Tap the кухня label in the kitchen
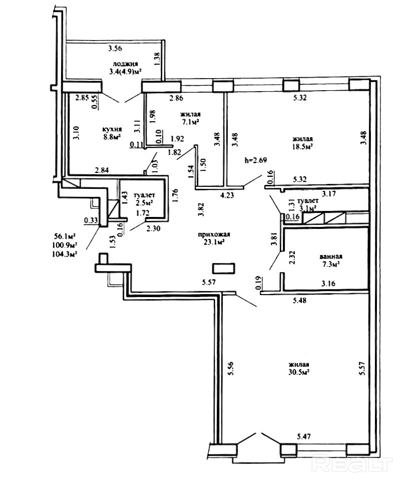click(112, 129)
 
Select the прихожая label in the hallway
click(214, 234)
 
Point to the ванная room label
click(331, 257)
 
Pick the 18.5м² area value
click(302, 146)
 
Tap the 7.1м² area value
click(191, 122)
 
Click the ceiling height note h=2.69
click(256, 160)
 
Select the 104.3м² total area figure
click(66, 253)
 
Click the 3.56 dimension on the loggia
click(115, 49)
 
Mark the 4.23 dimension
click(227, 195)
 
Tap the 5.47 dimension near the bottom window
click(304, 437)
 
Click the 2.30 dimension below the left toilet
click(153, 228)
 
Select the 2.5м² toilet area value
click(145, 202)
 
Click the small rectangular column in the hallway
click(224, 269)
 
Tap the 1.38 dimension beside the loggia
click(158, 59)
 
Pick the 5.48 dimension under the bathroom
click(299, 301)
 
